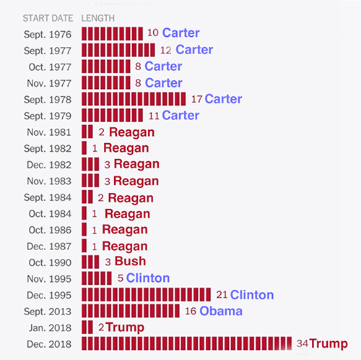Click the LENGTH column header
tap(97, 17)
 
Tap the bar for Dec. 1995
tap(147, 294)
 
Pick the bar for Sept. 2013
tap(131, 311)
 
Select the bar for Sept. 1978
tap(134, 99)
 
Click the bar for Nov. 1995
tap(97, 278)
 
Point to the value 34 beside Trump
tap(304, 343)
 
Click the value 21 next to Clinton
tap(222, 294)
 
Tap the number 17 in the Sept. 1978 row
tap(196, 99)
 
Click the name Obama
tap(221, 311)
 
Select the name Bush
tap(130, 262)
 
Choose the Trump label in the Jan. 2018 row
tap(125, 327)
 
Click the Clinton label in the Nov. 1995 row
tap(148, 278)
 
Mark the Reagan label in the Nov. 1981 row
tap(132, 132)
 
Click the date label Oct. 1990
tap(51, 262)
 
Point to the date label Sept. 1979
tap(48, 115)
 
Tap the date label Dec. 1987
tap(50, 246)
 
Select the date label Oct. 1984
tap(51, 213)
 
